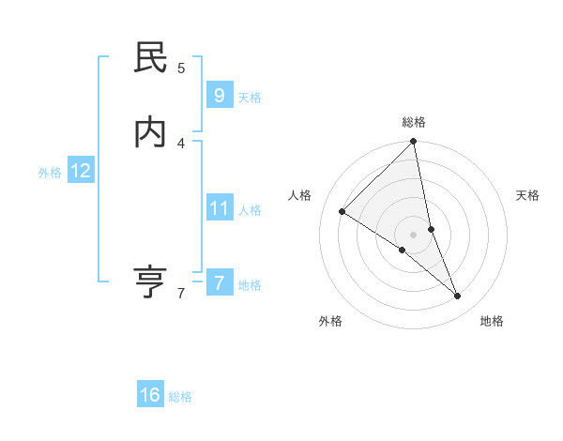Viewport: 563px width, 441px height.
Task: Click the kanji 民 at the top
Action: [x=150, y=59]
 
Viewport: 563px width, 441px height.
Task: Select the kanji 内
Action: [x=150, y=133]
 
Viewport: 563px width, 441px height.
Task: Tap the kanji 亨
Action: [x=150, y=281]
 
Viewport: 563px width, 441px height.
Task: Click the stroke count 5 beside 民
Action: [x=181, y=68]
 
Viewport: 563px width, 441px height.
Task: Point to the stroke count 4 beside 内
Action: [x=181, y=143]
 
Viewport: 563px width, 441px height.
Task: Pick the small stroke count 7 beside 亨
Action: [x=181, y=294]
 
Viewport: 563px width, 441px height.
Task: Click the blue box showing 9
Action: [x=219, y=95]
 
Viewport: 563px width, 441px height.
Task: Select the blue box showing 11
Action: [x=219, y=207]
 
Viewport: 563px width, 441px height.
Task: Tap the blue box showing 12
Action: [x=81, y=171]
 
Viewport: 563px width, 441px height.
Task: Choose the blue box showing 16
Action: [x=150, y=395]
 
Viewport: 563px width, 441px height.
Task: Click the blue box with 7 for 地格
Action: [x=219, y=282]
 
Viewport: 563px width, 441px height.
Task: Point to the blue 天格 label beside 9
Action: [x=250, y=98]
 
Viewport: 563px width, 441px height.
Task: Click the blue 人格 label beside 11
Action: [x=250, y=210]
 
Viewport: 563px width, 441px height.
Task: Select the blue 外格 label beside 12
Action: [x=50, y=173]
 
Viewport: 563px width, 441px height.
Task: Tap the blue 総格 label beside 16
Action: [x=180, y=397]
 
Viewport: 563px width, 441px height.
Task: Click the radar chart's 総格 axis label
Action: [x=414, y=122]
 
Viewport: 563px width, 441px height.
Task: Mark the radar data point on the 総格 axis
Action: [x=414, y=143]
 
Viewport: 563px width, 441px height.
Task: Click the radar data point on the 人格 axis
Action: [x=342, y=212]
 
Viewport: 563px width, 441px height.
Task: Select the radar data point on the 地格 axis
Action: [x=458, y=297]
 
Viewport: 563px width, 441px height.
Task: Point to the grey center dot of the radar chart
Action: [x=414, y=234]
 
